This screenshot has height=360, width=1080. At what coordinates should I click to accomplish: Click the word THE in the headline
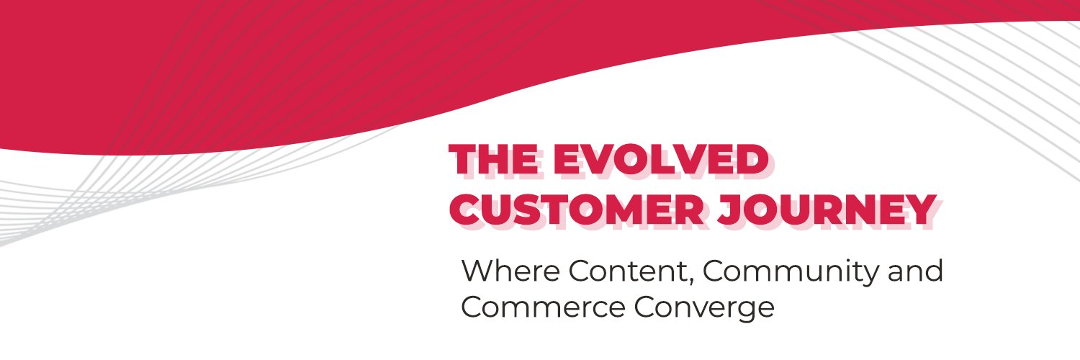(496, 159)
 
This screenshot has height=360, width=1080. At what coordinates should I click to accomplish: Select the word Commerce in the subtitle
(543, 307)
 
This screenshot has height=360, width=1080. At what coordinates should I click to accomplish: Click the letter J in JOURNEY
(731, 210)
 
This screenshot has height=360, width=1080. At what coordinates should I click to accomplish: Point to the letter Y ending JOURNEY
(921, 210)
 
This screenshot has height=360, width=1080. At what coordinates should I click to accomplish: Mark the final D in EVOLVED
(750, 159)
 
